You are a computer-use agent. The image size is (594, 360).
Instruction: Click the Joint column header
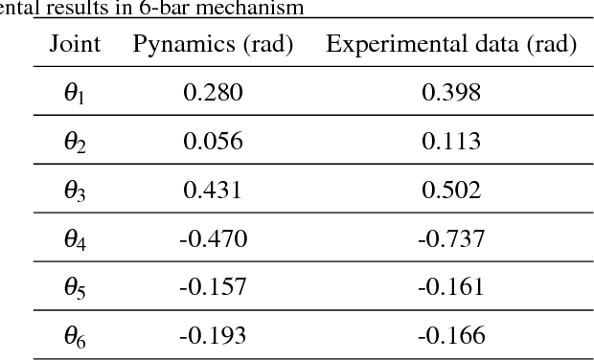pyautogui.click(x=75, y=44)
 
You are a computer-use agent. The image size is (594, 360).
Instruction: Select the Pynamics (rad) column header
pyautogui.click(x=213, y=44)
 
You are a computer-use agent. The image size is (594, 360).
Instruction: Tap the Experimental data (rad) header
pyautogui.click(x=451, y=44)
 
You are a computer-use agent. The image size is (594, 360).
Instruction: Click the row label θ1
pyautogui.click(x=75, y=93)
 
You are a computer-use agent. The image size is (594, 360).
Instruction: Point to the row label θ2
pyautogui.click(x=75, y=142)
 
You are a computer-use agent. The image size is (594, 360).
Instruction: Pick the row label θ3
pyautogui.click(x=75, y=191)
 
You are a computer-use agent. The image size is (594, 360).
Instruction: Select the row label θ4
pyautogui.click(x=75, y=239)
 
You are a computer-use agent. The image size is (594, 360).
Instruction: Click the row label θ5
pyautogui.click(x=75, y=287)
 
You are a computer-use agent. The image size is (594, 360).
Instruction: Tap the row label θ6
pyautogui.click(x=75, y=336)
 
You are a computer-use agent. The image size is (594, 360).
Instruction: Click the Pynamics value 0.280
pyautogui.click(x=213, y=92)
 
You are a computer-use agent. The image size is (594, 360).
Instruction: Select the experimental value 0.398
pyautogui.click(x=451, y=92)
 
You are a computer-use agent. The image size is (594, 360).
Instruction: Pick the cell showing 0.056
pyautogui.click(x=213, y=141)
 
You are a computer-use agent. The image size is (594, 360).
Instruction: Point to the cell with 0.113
pyautogui.click(x=451, y=141)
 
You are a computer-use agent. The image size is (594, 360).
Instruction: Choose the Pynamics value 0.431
pyautogui.click(x=213, y=190)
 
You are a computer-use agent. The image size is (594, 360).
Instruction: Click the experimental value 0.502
pyautogui.click(x=451, y=190)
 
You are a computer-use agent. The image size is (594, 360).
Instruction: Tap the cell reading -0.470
pyautogui.click(x=213, y=238)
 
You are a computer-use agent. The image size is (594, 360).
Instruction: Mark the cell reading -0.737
pyautogui.click(x=451, y=238)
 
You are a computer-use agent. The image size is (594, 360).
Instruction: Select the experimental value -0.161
pyautogui.click(x=451, y=286)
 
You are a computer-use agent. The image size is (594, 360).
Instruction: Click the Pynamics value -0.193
pyautogui.click(x=213, y=335)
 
